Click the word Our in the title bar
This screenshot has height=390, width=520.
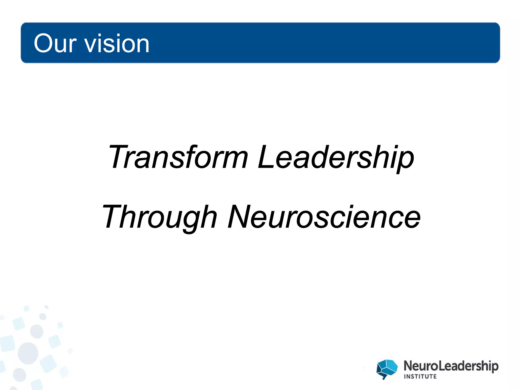pos(55,44)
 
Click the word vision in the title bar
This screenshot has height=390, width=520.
pos(117,44)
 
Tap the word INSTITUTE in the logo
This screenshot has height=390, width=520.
pos(420,376)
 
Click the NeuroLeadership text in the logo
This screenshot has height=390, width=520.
pos(451,366)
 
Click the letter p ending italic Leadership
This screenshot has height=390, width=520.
pos(405,160)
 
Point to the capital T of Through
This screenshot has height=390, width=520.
pos(113,216)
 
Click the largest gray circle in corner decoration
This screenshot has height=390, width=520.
pos(28,353)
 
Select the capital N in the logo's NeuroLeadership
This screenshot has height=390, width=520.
pos(409,366)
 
